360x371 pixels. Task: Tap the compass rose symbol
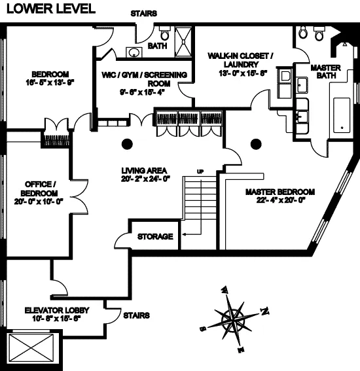tap(234, 320)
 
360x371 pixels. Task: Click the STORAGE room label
tap(155, 236)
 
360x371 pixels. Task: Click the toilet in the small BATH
tap(164, 33)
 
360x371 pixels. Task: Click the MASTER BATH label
tap(324, 72)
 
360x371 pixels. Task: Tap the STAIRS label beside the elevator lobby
tap(136, 315)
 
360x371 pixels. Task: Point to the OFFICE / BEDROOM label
tap(39, 188)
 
